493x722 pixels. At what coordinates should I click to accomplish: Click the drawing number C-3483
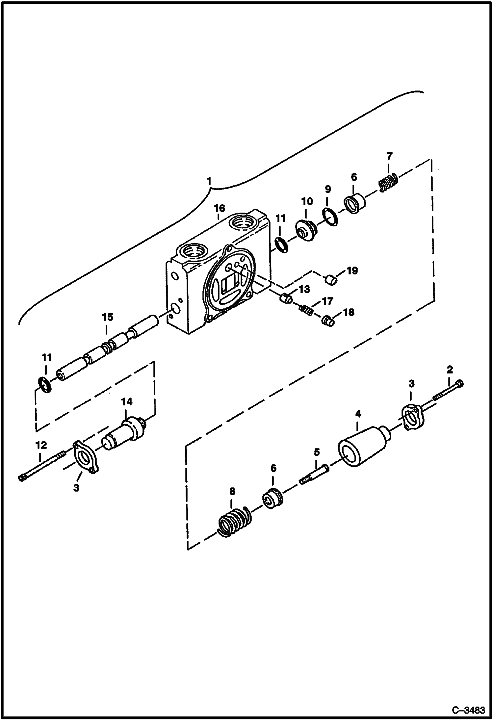[468, 711]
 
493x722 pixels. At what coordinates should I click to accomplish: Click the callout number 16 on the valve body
[220, 208]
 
